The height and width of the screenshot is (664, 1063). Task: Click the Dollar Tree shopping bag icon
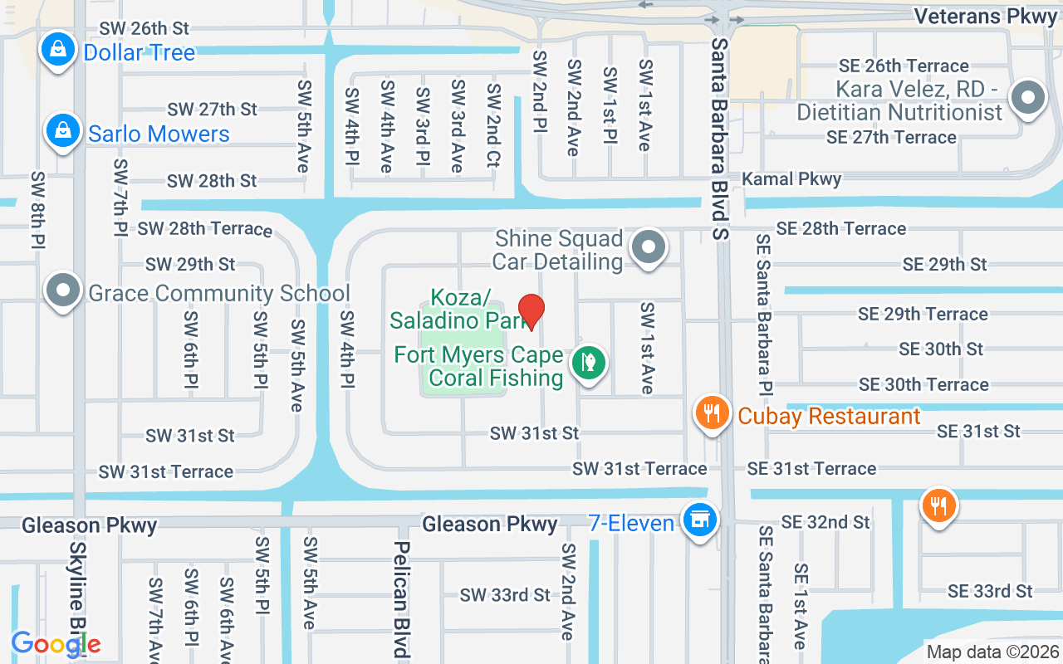[x=58, y=50]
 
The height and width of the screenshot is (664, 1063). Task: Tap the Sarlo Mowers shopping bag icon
[x=63, y=131]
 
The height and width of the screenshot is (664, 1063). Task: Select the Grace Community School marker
[x=63, y=291]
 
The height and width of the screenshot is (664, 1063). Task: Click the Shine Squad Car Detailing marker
[x=649, y=247]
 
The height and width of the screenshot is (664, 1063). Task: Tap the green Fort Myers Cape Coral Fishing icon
[x=588, y=363]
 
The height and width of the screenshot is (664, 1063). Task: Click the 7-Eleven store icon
[x=699, y=520]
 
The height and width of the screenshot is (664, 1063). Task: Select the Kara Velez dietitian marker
[x=1028, y=98]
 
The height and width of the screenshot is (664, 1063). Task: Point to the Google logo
[x=56, y=644]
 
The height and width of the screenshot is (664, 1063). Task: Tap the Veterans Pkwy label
[x=985, y=16]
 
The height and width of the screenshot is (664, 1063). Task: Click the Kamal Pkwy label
[x=791, y=178]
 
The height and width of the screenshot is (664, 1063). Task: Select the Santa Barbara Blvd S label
[x=720, y=138]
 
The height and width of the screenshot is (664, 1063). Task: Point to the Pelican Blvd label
[x=402, y=599]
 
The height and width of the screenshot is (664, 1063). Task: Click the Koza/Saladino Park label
[x=460, y=308]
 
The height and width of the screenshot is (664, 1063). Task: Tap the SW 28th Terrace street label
[x=204, y=228]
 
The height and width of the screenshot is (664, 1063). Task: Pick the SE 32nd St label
[x=825, y=521]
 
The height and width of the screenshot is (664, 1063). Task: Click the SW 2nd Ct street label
[x=494, y=125]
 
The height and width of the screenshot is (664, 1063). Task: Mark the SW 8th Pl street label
[x=39, y=210]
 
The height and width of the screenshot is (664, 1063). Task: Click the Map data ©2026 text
[x=992, y=652]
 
